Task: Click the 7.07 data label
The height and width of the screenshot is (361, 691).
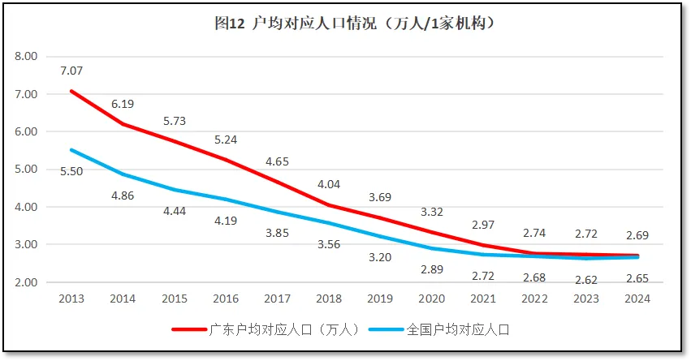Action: pos(71,71)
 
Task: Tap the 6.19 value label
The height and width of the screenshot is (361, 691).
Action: pos(123,104)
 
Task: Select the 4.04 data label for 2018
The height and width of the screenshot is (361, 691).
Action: pos(329,183)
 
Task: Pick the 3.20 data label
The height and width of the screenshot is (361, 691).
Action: pos(380,259)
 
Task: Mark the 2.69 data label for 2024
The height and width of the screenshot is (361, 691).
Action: pos(637,236)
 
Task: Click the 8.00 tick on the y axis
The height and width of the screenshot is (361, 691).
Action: pos(27,57)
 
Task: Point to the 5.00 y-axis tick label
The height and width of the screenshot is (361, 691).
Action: pos(27,170)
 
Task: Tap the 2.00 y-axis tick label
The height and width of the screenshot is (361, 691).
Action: pos(27,282)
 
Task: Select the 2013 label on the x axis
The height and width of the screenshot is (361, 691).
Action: pos(71,299)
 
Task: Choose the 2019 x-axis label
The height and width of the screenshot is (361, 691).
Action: pos(380,299)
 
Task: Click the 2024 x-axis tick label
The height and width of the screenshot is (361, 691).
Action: pos(637,299)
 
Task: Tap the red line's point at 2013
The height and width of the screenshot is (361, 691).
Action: pos(71,91)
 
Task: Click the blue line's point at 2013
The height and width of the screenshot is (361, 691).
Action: pos(71,150)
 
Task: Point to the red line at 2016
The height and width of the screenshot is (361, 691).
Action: pos(226,160)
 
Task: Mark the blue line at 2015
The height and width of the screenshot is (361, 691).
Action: pos(175,190)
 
